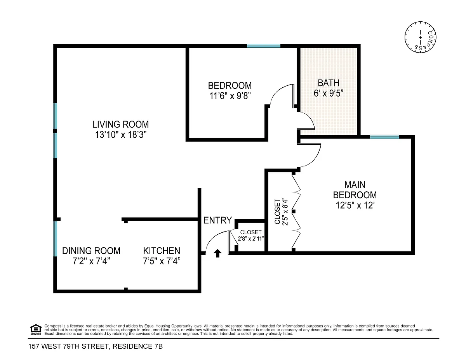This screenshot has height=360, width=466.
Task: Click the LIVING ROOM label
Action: coord(120,124)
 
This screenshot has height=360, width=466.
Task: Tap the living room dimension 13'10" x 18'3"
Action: coord(121,135)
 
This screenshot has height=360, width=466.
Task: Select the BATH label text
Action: coord(328,83)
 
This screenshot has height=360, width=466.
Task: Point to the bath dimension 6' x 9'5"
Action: coord(328,93)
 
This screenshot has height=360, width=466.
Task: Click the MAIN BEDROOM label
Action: coord(355,190)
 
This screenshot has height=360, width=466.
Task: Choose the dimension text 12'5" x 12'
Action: coord(355,205)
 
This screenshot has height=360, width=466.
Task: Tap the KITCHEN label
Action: coord(162,251)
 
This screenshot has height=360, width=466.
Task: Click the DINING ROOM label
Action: coord(91,251)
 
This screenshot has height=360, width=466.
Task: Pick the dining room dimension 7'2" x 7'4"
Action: coord(91,261)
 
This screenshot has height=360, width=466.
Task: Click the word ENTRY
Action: coord(217,220)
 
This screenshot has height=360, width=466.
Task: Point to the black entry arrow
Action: coord(217,253)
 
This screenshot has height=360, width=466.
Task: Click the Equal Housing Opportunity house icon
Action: coord(36,329)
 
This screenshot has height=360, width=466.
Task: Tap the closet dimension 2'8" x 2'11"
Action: coord(251,239)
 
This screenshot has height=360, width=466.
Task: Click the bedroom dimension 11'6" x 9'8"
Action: coord(230,96)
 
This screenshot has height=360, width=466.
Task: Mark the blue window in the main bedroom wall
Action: coord(384,137)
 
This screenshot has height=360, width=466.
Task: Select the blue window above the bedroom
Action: coord(264,46)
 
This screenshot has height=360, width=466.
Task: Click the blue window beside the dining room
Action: coord(55,239)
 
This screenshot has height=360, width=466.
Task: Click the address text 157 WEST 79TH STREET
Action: coord(69,346)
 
